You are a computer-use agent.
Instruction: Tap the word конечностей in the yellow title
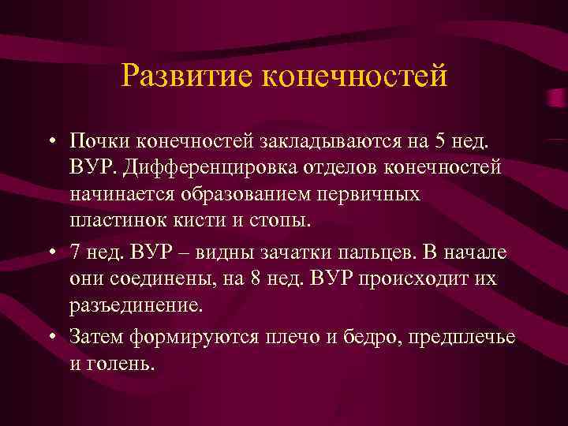[353, 77]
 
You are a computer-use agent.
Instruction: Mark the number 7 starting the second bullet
[75, 252]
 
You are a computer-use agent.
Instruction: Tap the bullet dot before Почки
[50, 141]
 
